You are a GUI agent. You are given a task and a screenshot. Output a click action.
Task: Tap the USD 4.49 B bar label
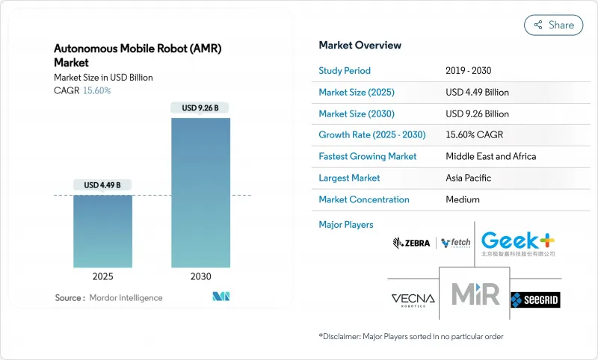(102, 185)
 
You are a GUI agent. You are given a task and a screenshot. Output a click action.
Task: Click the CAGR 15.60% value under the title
(96, 90)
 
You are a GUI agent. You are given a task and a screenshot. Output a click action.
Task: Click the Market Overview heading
(360, 46)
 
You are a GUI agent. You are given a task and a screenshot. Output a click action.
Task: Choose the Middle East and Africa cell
(490, 157)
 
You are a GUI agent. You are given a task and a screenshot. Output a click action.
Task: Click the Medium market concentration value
(463, 199)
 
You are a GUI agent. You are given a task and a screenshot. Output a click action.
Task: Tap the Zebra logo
(411, 243)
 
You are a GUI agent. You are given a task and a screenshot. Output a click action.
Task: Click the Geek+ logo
(518, 243)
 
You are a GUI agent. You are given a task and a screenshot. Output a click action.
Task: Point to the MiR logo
(474, 294)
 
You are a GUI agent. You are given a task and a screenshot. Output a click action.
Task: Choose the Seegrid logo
(535, 300)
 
